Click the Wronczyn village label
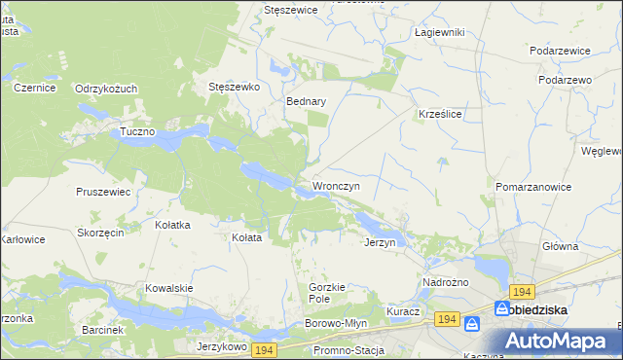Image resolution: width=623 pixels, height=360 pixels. [337, 185]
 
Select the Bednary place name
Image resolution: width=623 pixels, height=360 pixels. [306, 100]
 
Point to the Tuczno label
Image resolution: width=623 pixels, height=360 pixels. [138, 131]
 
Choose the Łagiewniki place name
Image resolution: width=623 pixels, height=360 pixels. [439, 32]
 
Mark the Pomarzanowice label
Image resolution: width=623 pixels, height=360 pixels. [532, 185]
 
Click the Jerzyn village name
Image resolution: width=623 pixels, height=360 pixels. [380, 242]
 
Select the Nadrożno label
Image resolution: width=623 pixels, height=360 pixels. [446, 282]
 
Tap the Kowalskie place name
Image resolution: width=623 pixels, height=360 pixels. [168, 288]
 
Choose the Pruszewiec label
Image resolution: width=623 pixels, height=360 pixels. [103, 192]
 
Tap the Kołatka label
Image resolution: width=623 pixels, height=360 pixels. [172, 225]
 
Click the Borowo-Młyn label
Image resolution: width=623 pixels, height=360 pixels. [335, 322]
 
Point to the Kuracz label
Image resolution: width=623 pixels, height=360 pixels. [402, 311]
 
